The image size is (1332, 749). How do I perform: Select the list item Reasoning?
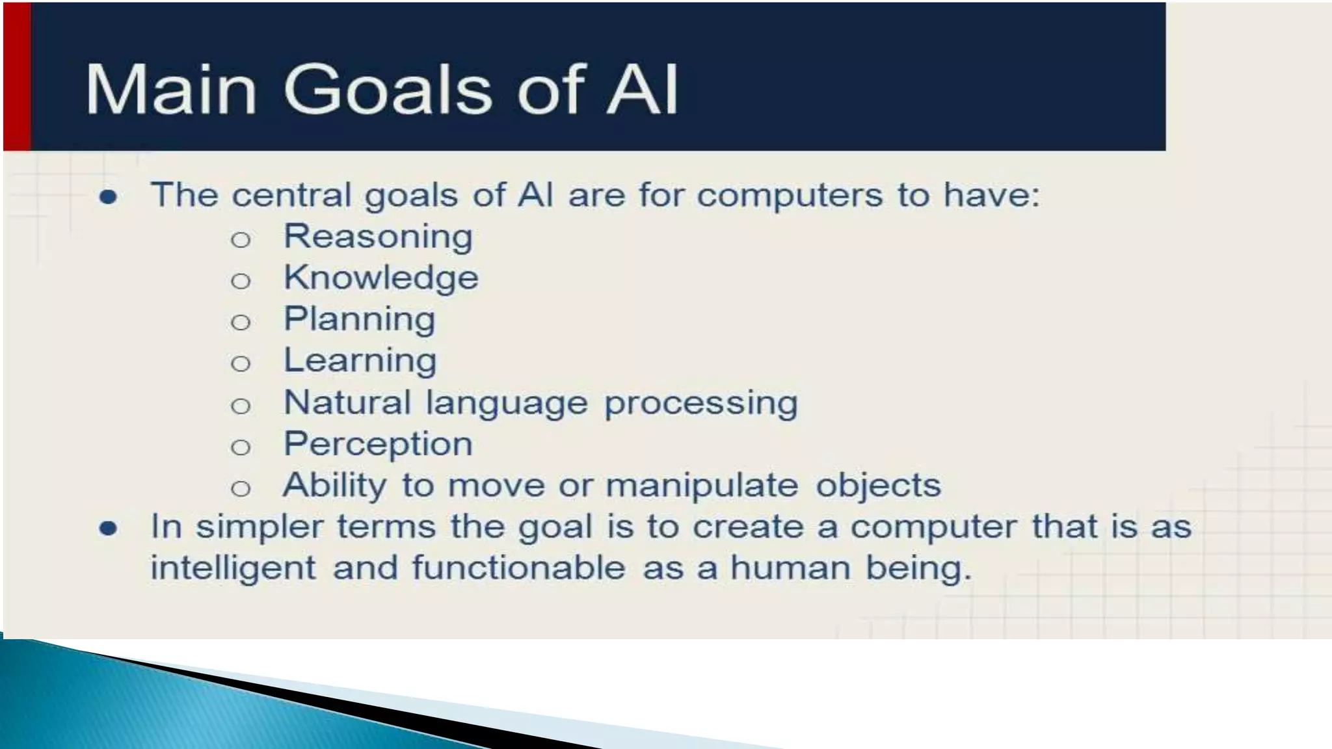tap(378, 237)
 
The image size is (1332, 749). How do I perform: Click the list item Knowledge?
tap(381, 278)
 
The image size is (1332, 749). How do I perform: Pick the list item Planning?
tap(360, 320)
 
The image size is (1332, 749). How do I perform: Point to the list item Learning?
tap(360, 361)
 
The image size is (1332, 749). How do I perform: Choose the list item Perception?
tap(378, 445)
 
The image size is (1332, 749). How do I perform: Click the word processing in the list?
tap(700, 403)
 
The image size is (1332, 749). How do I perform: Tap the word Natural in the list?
tap(347, 402)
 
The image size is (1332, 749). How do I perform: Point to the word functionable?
tap(518, 568)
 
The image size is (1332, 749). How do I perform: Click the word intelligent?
tap(233, 568)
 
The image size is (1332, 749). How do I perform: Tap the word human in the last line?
tap(790, 568)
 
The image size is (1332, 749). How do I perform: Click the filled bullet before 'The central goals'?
tap(108, 197)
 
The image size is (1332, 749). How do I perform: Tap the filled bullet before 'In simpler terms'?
tap(108, 529)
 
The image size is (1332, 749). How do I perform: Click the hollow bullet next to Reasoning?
tap(241, 240)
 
